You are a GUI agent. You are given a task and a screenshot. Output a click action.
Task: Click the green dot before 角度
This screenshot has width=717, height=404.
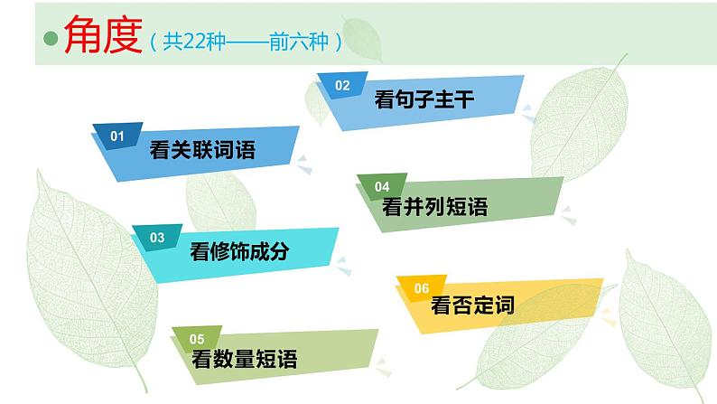(51, 39)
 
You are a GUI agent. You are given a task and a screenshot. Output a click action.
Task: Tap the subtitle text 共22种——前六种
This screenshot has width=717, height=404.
(247, 41)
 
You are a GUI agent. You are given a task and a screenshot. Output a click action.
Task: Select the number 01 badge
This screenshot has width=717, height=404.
(116, 136)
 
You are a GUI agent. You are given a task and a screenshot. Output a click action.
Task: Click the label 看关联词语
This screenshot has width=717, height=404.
(203, 151)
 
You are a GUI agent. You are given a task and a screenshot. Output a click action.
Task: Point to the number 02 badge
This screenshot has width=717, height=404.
(342, 86)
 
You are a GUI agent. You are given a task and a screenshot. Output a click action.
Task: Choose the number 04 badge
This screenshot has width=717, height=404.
(382, 187)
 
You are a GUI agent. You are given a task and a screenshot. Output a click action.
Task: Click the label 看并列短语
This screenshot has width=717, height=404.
(435, 207)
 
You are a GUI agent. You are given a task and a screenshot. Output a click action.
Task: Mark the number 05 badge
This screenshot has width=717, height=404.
(197, 339)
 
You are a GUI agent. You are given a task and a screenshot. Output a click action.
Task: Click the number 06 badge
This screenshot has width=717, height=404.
(421, 288)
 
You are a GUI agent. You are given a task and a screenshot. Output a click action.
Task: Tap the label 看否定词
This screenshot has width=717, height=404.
(473, 305)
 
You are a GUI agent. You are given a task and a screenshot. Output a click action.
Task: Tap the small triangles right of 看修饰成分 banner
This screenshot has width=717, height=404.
(343, 265)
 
